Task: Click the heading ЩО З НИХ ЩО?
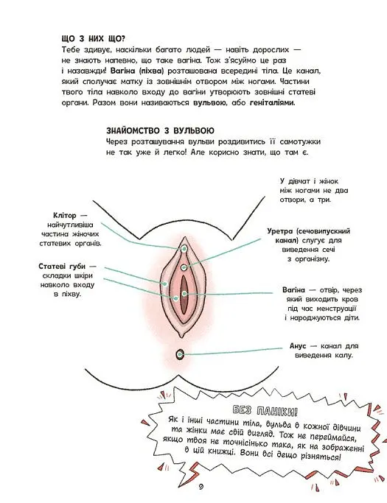[93, 39]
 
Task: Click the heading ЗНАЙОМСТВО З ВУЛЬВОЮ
[160, 131]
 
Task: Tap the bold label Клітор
[65, 216]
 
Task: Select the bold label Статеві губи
[62, 267]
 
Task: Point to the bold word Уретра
[280, 231]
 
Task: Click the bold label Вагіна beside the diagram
[293, 290]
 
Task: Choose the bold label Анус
[298, 346]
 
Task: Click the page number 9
[201, 487]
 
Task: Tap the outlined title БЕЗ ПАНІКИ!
[265, 411]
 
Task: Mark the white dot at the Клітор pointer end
[184, 248]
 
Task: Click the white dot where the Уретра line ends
[184, 267]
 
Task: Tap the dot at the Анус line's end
[180, 354]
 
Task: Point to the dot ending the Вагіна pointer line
[184, 294]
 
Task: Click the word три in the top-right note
[324, 200]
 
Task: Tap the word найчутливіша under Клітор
[70, 225]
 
